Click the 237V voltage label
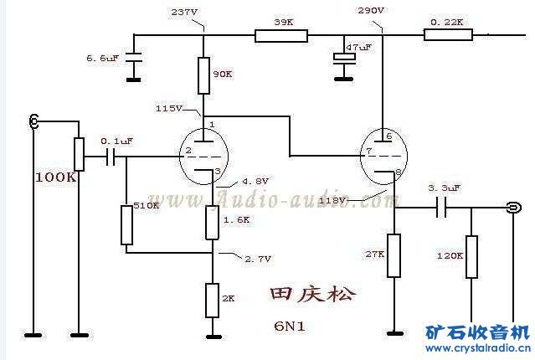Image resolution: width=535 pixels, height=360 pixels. pyautogui.click(x=184, y=13)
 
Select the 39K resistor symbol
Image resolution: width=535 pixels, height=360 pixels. pyautogui.click(x=282, y=35)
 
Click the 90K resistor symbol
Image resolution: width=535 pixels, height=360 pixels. pyautogui.click(x=203, y=75)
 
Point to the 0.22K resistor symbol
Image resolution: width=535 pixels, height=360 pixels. pyautogui.click(x=448, y=35)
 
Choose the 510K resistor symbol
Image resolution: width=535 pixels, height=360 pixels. pyautogui.click(x=127, y=224)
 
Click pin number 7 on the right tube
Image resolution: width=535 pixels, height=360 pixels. pyautogui.click(x=368, y=152)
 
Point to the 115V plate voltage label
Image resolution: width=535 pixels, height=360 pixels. pyautogui.click(x=168, y=109)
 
